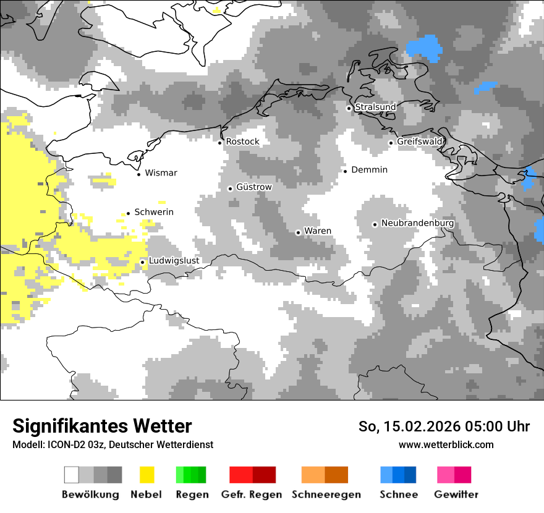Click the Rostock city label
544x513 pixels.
242,142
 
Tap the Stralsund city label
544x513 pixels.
375,107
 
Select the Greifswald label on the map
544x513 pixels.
420,142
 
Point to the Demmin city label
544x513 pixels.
369,169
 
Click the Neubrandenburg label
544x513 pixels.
417,223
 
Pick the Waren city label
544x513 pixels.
318,231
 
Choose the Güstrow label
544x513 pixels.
253,187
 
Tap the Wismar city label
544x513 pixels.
161,173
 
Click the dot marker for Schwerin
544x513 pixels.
128,213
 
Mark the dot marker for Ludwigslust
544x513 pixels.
142,262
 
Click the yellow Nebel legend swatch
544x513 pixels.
147,475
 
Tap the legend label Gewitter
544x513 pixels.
456,494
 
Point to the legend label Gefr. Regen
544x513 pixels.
251,494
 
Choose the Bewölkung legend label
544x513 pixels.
90,494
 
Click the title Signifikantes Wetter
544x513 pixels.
102,426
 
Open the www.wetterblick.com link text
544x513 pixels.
446,444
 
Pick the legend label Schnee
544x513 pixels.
398,494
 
